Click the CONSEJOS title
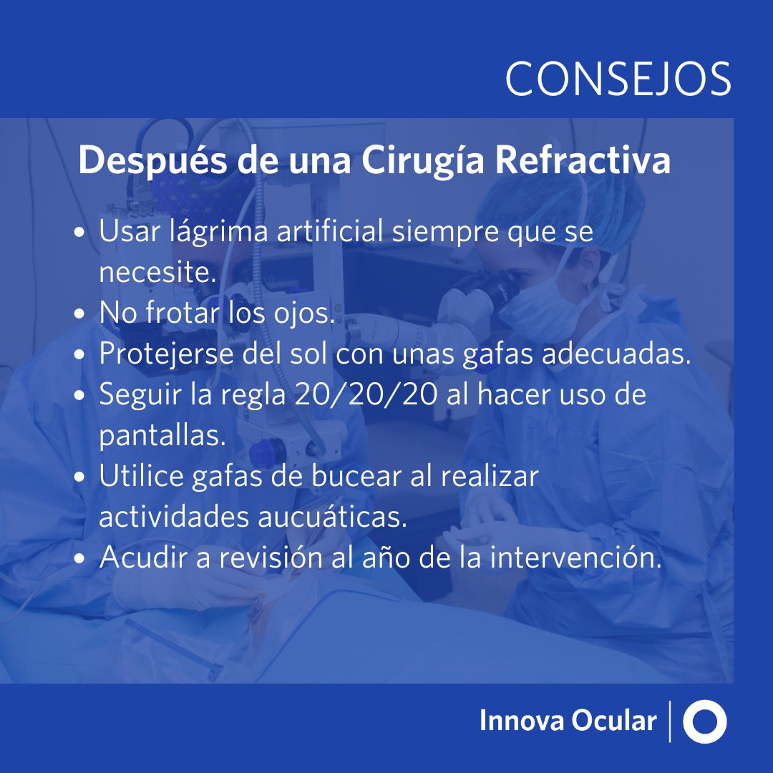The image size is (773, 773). [618, 78]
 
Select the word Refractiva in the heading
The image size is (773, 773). [583, 162]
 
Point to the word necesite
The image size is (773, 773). [157, 273]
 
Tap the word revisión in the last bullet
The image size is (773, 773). [264, 558]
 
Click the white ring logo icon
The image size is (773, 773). [705, 721]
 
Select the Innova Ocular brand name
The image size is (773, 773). [568, 721]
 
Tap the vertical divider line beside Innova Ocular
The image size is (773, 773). [670, 721]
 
